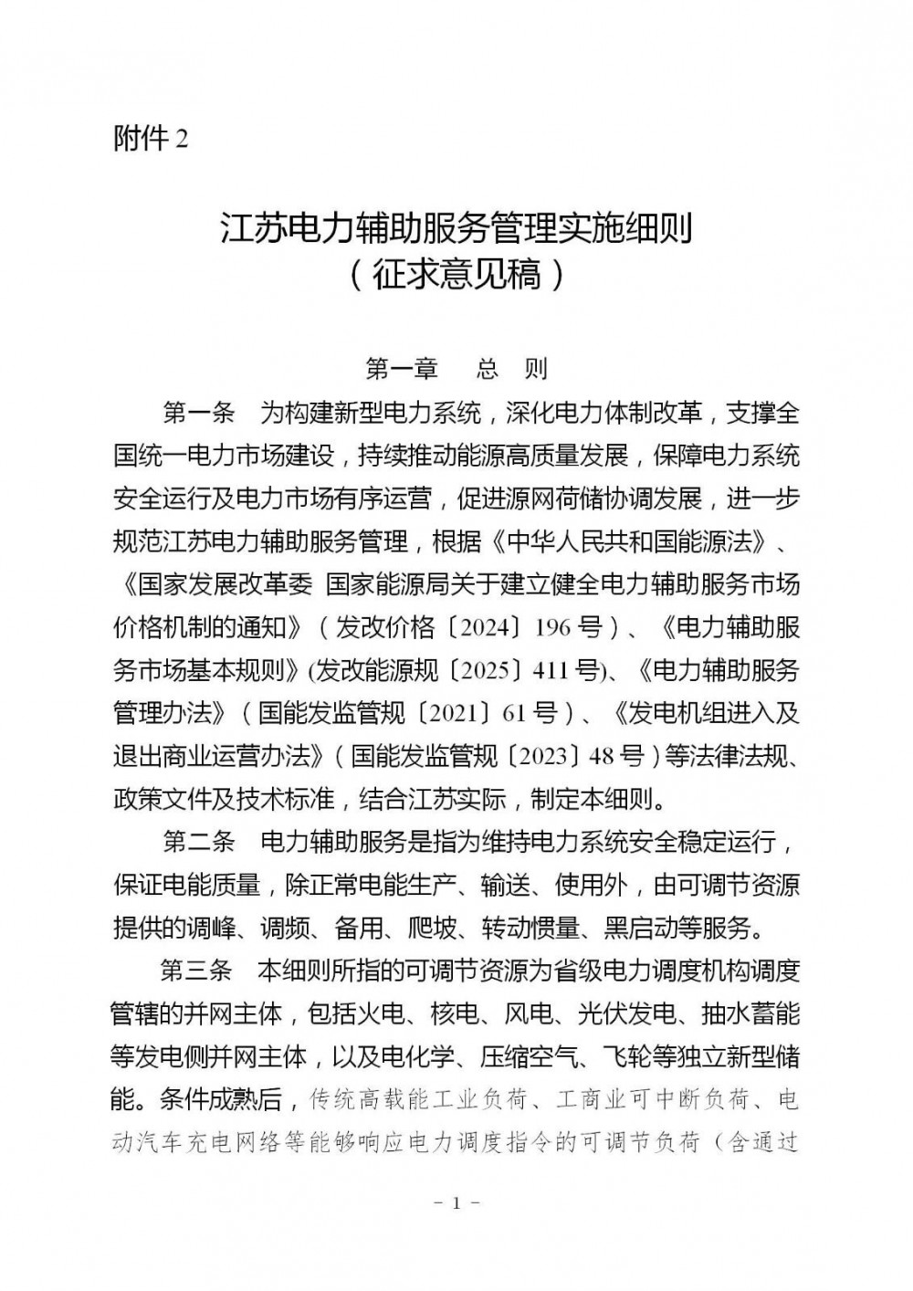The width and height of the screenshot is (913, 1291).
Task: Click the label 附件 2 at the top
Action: click(151, 139)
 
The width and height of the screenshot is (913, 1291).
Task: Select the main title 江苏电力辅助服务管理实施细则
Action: click(456, 227)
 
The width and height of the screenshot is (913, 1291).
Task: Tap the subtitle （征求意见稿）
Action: click(456, 273)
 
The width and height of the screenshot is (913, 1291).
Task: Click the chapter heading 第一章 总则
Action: click(456, 369)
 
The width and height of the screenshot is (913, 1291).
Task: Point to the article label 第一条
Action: click(199, 413)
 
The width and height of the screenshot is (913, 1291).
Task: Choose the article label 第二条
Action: click(199, 840)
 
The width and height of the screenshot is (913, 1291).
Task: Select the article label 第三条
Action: click(199, 970)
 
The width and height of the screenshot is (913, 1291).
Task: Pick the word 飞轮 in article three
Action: click(626, 1056)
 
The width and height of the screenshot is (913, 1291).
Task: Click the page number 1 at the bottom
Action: click(456, 1203)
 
